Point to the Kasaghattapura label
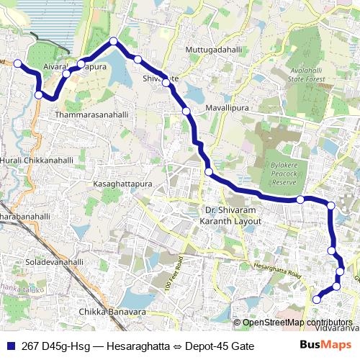[x=122, y=185]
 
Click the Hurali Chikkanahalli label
[x=29, y=159]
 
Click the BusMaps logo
[x=322, y=346]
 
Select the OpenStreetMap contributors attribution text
[x=297, y=322]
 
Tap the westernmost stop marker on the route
[x=18, y=63]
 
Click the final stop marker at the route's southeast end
[x=316, y=299]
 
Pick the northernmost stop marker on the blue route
[x=114, y=41]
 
